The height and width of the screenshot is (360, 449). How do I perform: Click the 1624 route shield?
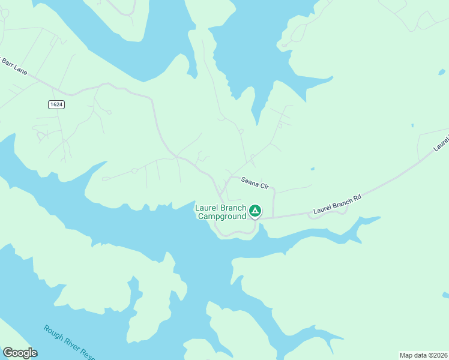coord(56,104)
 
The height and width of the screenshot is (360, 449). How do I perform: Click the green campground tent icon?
coord(255,211)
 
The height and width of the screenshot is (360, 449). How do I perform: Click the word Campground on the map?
coord(222,216)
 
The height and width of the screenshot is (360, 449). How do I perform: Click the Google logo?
coord(20,353)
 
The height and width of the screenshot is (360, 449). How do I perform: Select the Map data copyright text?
coord(424,355)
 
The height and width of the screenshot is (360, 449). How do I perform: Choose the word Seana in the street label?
coord(250,180)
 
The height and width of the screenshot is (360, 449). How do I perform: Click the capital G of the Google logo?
coord(8,353)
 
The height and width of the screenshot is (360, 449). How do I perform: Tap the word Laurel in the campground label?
coord(207,208)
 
